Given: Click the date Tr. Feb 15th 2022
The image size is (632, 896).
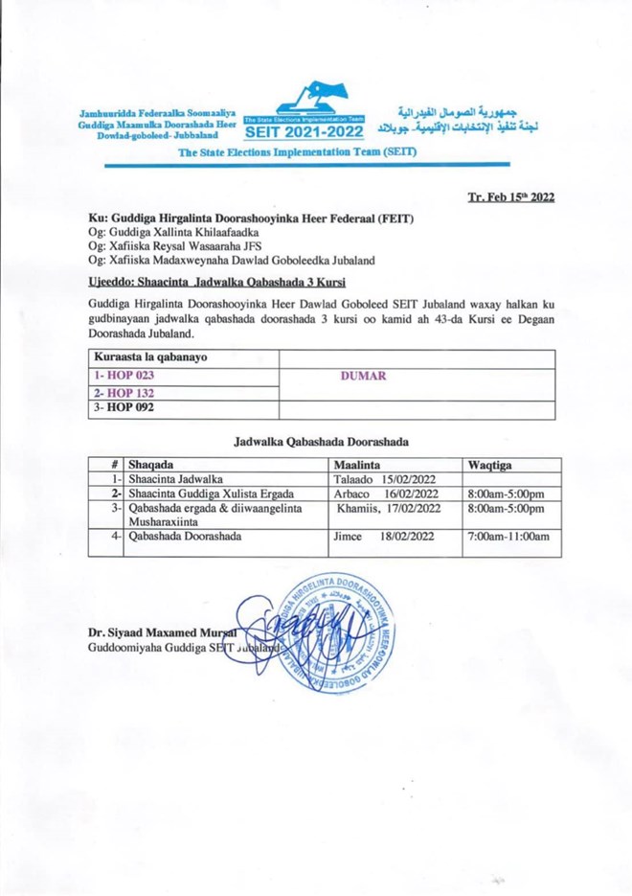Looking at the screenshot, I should click(x=510, y=197).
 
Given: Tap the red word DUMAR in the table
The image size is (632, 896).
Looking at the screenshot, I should click(x=363, y=376).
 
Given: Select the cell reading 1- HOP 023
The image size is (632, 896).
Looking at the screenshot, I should click(x=125, y=376).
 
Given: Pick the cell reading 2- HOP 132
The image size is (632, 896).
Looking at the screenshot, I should click(x=125, y=393).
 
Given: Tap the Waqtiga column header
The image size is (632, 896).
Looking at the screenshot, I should click(x=491, y=463).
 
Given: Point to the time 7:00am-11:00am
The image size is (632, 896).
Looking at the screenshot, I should click(x=508, y=538).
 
